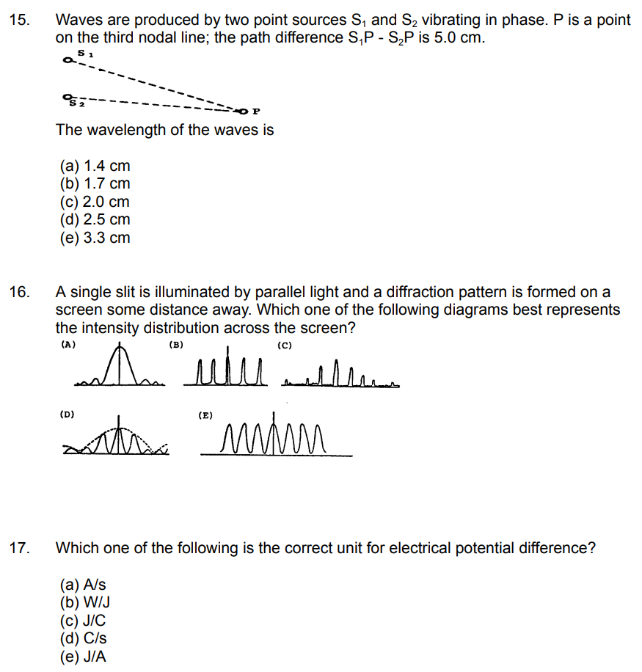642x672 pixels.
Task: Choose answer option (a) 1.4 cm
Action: pyautogui.click(x=95, y=167)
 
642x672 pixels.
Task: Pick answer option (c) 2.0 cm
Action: pyautogui.click(x=95, y=202)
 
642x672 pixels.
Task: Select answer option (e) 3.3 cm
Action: pyautogui.click(x=95, y=237)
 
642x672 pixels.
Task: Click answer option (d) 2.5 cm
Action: pyautogui.click(x=95, y=219)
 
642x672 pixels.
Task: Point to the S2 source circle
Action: pyautogui.click(x=68, y=96)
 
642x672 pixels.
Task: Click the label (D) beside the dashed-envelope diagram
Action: pyautogui.click(x=67, y=414)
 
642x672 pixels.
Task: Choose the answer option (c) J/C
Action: pyautogui.click(x=83, y=621)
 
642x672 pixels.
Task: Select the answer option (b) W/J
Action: pyautogui.click(x=84, y=603)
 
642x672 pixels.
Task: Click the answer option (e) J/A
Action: pyautogui.click(x=83, y=657)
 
